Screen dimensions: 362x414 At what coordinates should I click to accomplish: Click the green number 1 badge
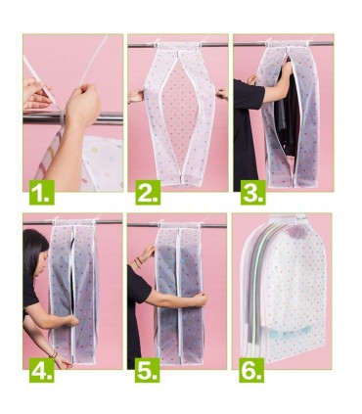point(42,193)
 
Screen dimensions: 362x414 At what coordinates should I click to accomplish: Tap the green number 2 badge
point(148,193)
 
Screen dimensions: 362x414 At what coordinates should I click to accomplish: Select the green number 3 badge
point(253,193)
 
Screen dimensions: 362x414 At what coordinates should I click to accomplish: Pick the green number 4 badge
point(42,370)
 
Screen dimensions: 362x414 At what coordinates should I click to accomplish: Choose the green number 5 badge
point(148,370)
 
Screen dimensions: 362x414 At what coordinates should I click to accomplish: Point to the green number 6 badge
point(251,370)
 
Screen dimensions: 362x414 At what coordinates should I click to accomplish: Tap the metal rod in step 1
point(72,118)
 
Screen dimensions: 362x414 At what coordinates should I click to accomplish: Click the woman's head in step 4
point(36,253)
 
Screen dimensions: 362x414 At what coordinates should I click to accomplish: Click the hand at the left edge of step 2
point(136,96)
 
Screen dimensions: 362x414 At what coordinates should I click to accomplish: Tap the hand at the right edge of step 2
point(222,94)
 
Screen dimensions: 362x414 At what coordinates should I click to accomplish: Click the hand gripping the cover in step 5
point(199,299)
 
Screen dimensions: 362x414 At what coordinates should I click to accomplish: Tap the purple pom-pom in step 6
point(296,231)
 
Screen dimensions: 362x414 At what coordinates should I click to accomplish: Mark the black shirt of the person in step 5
point(136,313)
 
